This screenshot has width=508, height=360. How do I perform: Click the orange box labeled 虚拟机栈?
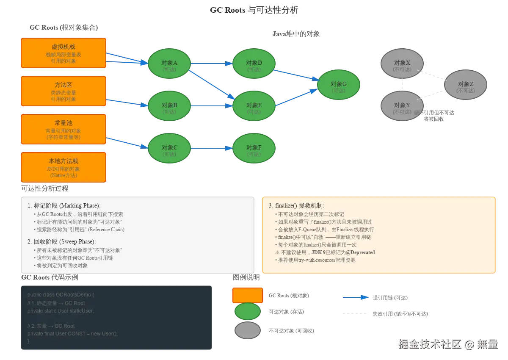pos(63,53)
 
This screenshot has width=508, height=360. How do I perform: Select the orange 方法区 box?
pos(63,91)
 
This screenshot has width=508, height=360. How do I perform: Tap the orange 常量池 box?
pos(63,129)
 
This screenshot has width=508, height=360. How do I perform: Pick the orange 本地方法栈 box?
pos(63,167)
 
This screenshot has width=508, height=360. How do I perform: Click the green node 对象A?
pos(169,64)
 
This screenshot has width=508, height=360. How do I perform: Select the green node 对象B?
pos(169,106)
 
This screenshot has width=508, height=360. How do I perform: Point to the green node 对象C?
pos(169,148)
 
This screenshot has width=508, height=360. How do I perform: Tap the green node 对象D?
pos(254,64)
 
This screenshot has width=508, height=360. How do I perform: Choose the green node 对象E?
pos(254,106)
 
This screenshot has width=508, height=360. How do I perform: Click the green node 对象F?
pos(254,148)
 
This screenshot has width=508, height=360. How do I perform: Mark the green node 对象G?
pos(339,85)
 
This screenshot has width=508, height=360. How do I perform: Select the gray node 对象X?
pos(402,64)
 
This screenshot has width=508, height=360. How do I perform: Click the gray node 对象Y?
pos(402,106)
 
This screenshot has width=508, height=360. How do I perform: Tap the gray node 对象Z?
pos(466,85)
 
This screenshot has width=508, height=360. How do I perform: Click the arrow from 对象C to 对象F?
pos(212,148)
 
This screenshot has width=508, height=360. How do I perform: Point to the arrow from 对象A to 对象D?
pos(212,64)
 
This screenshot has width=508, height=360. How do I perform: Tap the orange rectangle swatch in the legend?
pos(247,295)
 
